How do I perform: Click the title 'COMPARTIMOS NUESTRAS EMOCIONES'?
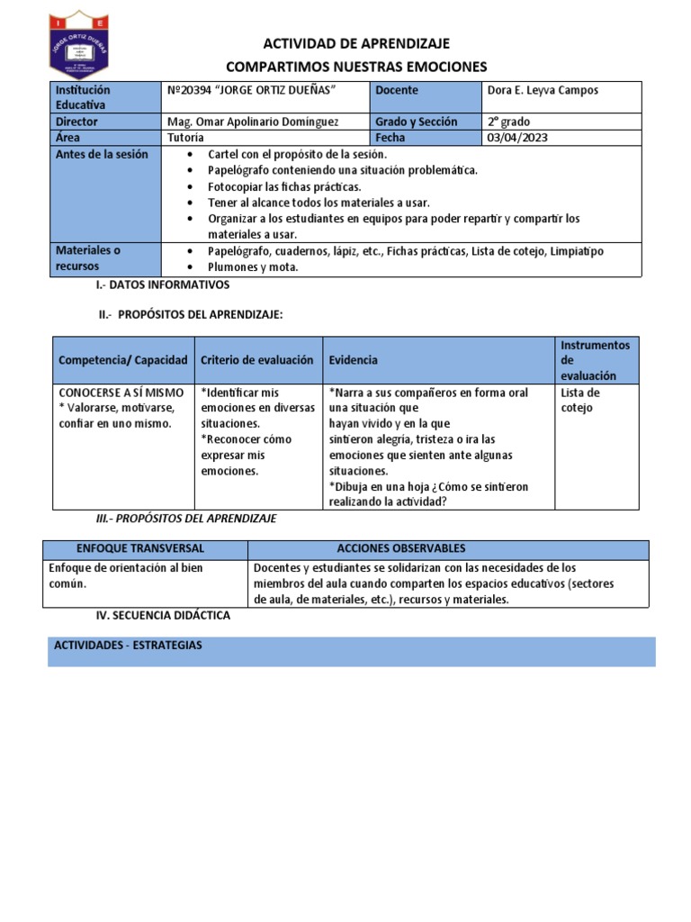[x=355, y=67]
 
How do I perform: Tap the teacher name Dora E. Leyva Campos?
[x=543, y=90]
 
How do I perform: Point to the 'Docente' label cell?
[x=397, y=90]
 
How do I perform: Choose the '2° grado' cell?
[x=509, y=122]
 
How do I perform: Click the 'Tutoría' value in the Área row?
[x=185, y=138]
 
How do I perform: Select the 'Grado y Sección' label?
[x=417, y=122]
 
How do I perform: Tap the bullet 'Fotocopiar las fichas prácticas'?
[x=283, y=186]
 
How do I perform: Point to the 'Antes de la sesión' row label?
[x=101, y=154]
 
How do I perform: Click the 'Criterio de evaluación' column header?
[x=257, y=359]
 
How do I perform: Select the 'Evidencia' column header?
[x=354, y=359]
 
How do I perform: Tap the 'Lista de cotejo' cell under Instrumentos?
[x=579, y=400]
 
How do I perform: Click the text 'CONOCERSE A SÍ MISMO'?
[x=121, y=393]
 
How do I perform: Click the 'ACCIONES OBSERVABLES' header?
[x=401, y=548]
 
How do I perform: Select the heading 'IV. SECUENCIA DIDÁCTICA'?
[x=163, y=615]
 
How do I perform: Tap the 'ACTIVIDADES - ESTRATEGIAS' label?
[x=128, y=646]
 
